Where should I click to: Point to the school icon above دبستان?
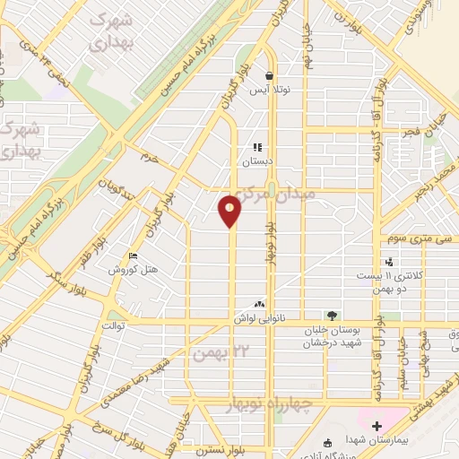[x=256, y=148]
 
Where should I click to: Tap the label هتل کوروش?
[x=134, y=270]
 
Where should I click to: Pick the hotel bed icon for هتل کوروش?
[x=134, y=255]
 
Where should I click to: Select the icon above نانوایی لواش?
[x=260, y=305]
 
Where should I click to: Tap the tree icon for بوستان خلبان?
[x=332, y=316]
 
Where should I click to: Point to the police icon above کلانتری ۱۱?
[x=389, y=262]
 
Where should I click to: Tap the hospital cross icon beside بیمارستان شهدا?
[x=377, y=425]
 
